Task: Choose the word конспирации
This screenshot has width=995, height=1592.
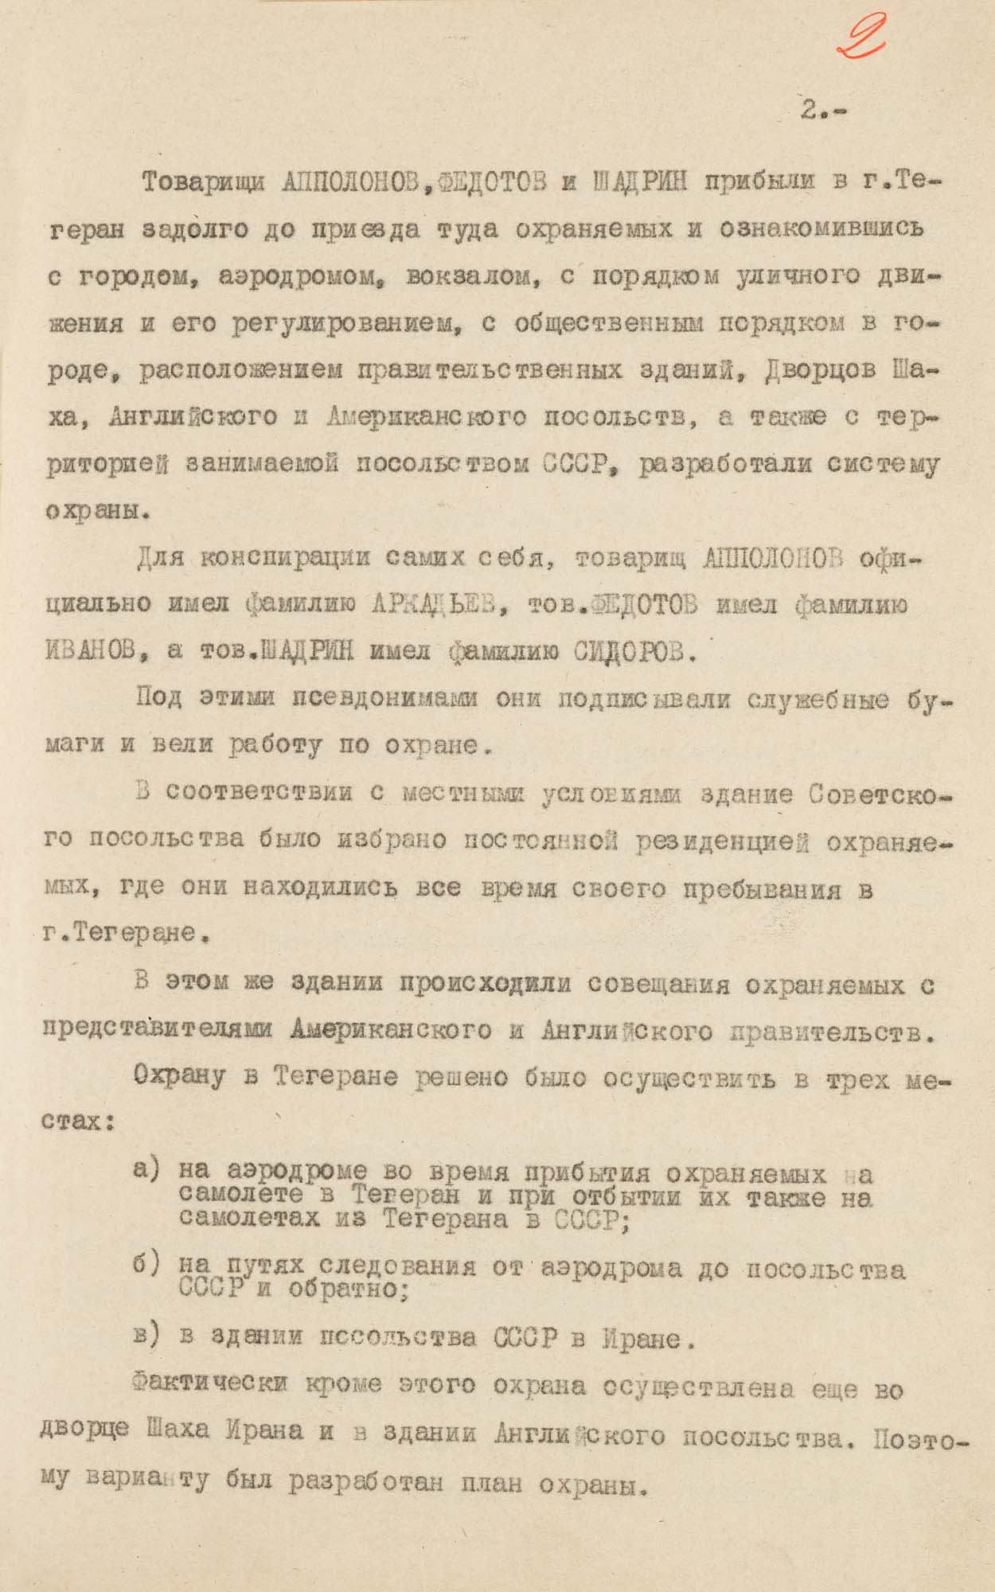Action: pyautogui.click(x=284, y=558)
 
